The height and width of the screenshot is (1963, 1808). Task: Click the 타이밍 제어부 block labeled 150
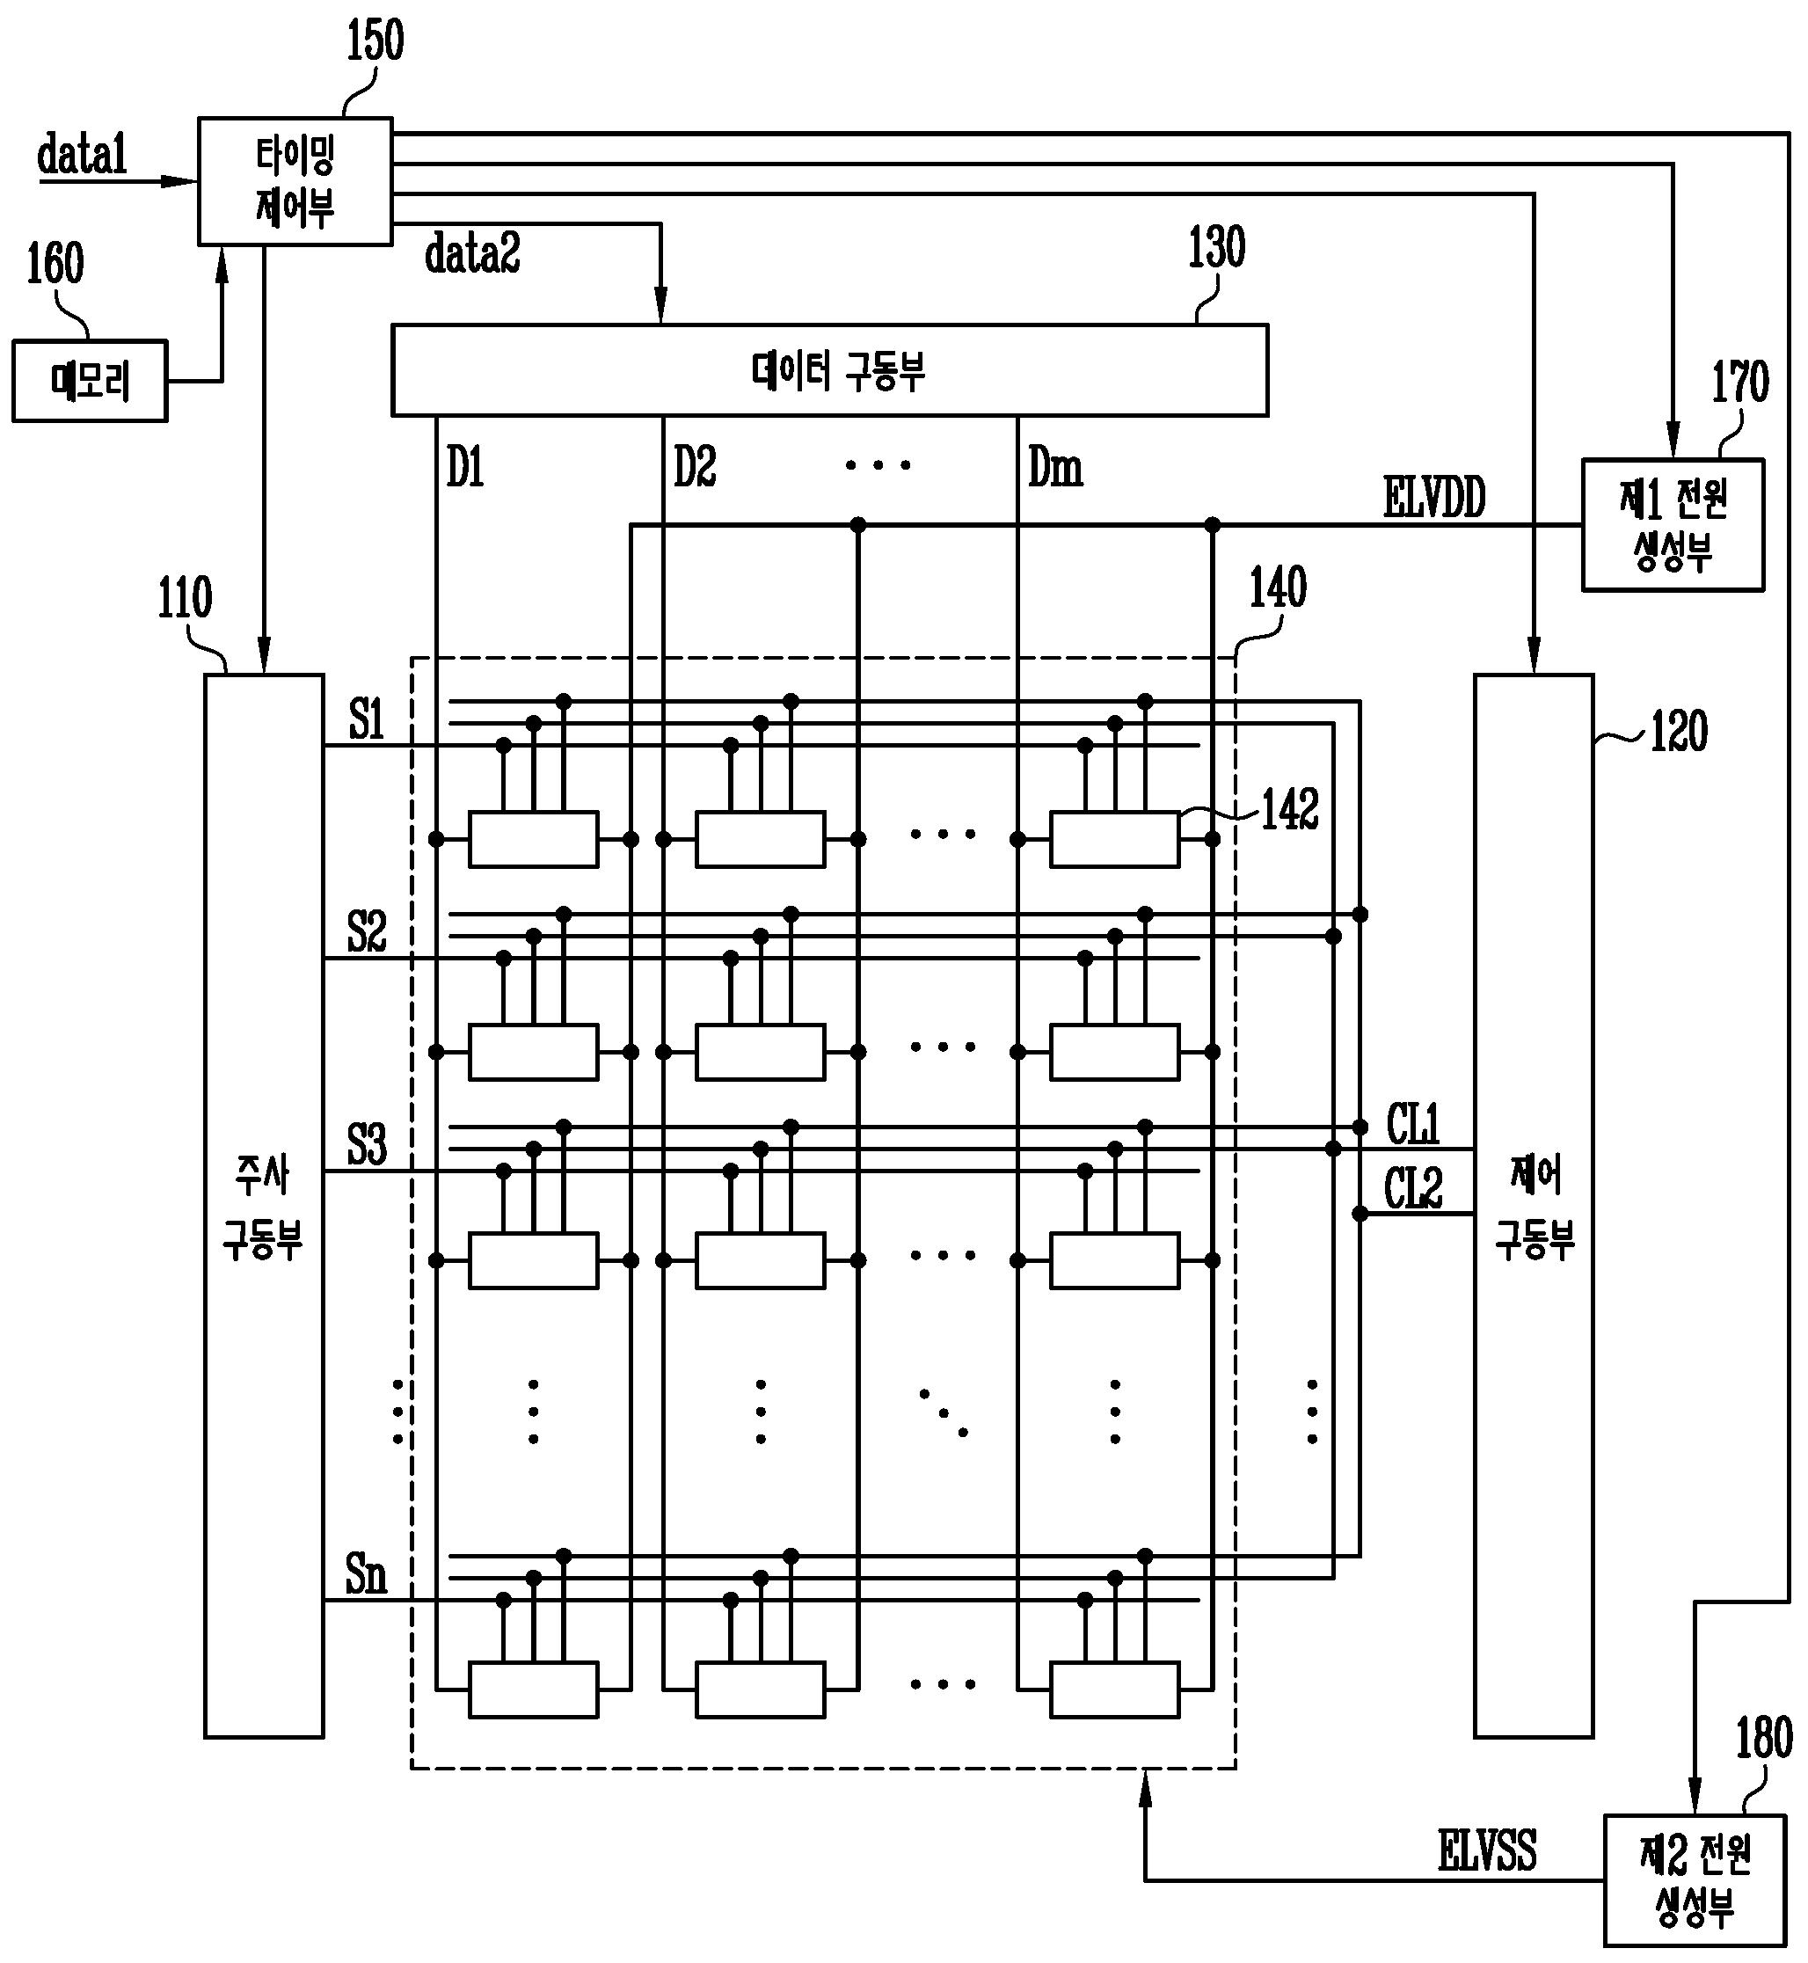pyautogui.click(x=295, y=181)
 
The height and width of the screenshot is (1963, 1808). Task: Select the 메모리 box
pyautogui.click(x=90, y=381)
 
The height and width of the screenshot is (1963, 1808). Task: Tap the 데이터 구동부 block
pyautogui.click(x=829, y=370)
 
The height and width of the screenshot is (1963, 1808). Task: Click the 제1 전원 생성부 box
pyautogui.click(x=1673, y=524)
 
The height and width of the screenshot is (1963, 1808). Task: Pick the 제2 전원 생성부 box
pyautogui.click(x=1695, y=1881)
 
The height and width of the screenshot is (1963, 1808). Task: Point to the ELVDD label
pyautogui.click(x=1434, y=497)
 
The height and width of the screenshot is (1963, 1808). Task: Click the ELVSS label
pyautogui.click(x=1487, y=1850)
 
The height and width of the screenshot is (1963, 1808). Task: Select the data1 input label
pyautogui.click(x=82, y=155)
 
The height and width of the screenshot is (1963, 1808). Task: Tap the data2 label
pyautogui.click(x=472, y=253)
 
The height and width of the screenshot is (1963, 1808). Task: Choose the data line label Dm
pyautogui.click(x=1055, y=468)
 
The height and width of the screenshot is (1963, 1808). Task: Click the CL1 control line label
pyautogui.click(x=1414, y=1122)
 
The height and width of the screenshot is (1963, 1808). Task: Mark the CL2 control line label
pyautogui.click(x=1414, y=1189)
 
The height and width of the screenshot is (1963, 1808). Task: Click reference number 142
pyautogui.click(x=1289, y=809)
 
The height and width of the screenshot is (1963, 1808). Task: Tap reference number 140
pyautogui.click(x=1278, y=588)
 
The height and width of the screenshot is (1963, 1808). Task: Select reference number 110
pyautogui.click(x=185, y=598)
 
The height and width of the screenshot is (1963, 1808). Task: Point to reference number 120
pyautogui.click(x=1679, y=732)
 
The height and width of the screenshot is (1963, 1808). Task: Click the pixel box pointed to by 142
pyautogui.click(x=1114, y=839)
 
